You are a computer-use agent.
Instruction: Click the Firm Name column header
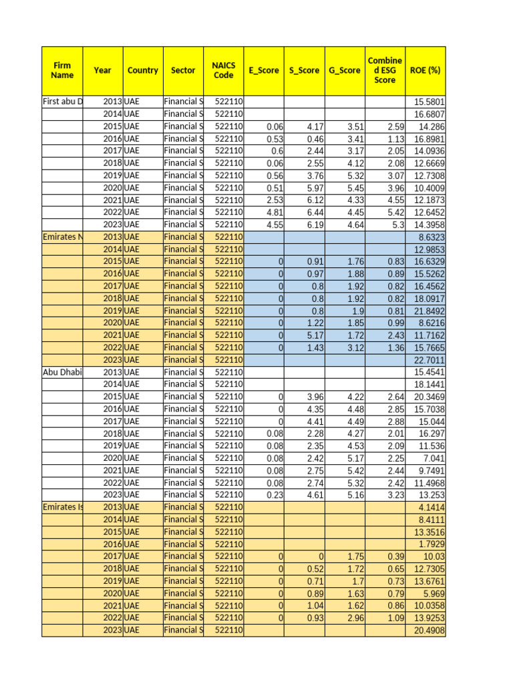pos(62,70)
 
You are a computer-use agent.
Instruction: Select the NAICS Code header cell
pos(224,70)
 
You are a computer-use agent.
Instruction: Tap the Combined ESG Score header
pos(385,70)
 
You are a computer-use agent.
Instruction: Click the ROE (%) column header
pos(425,70)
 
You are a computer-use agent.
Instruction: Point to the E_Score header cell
pos(264,70)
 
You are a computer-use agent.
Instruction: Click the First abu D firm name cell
pos(63,102)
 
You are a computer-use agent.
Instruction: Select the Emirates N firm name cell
pos(63,236)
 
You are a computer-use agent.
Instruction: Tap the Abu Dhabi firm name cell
pos(63,371)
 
